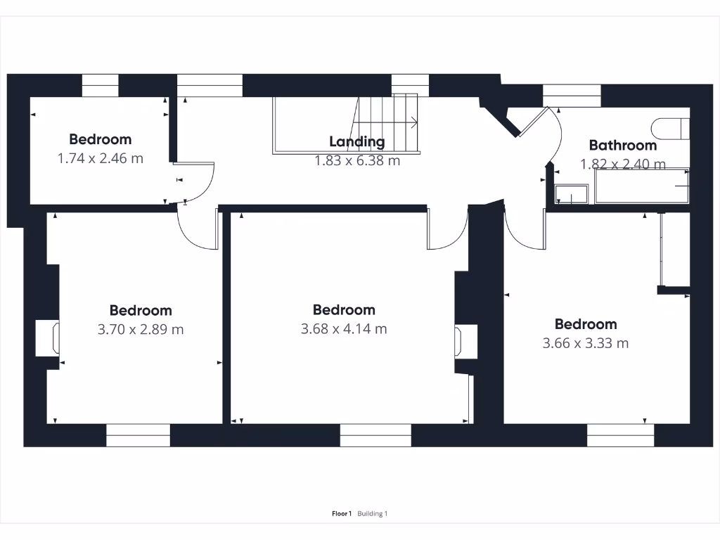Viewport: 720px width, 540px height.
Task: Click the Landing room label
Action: click(x=357, y=141)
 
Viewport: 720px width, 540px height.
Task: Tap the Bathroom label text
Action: click(x=623, y=146)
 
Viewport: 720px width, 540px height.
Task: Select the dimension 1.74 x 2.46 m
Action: click(x=100, y=158)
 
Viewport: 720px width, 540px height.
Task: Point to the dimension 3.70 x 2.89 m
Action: click(x=141, y=329)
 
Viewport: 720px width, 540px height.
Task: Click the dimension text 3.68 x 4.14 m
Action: click(x=344, y=328)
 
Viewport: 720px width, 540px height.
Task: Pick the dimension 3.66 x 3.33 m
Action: click(x=586, y=343)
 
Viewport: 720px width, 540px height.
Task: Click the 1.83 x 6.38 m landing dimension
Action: click(x=357, y=160)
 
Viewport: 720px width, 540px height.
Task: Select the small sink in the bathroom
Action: click(x=572, y=194)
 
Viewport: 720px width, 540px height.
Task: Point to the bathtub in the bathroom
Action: click(x=641, y=186)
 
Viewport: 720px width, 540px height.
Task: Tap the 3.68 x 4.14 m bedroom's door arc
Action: click(x=448, y=232)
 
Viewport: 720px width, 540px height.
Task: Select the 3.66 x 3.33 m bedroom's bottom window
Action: click(x=620, y=435)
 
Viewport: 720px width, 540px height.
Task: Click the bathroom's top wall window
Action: click(x=572, y=96)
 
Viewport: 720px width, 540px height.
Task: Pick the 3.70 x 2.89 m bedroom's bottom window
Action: click(x=138, y=435)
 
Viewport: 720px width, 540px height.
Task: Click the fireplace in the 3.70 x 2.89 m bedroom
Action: click(x=48, y=338)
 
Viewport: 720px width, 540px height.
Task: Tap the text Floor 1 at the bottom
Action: click(x=342, y=514)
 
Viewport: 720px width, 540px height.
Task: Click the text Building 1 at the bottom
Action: click(x=372, y=514)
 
